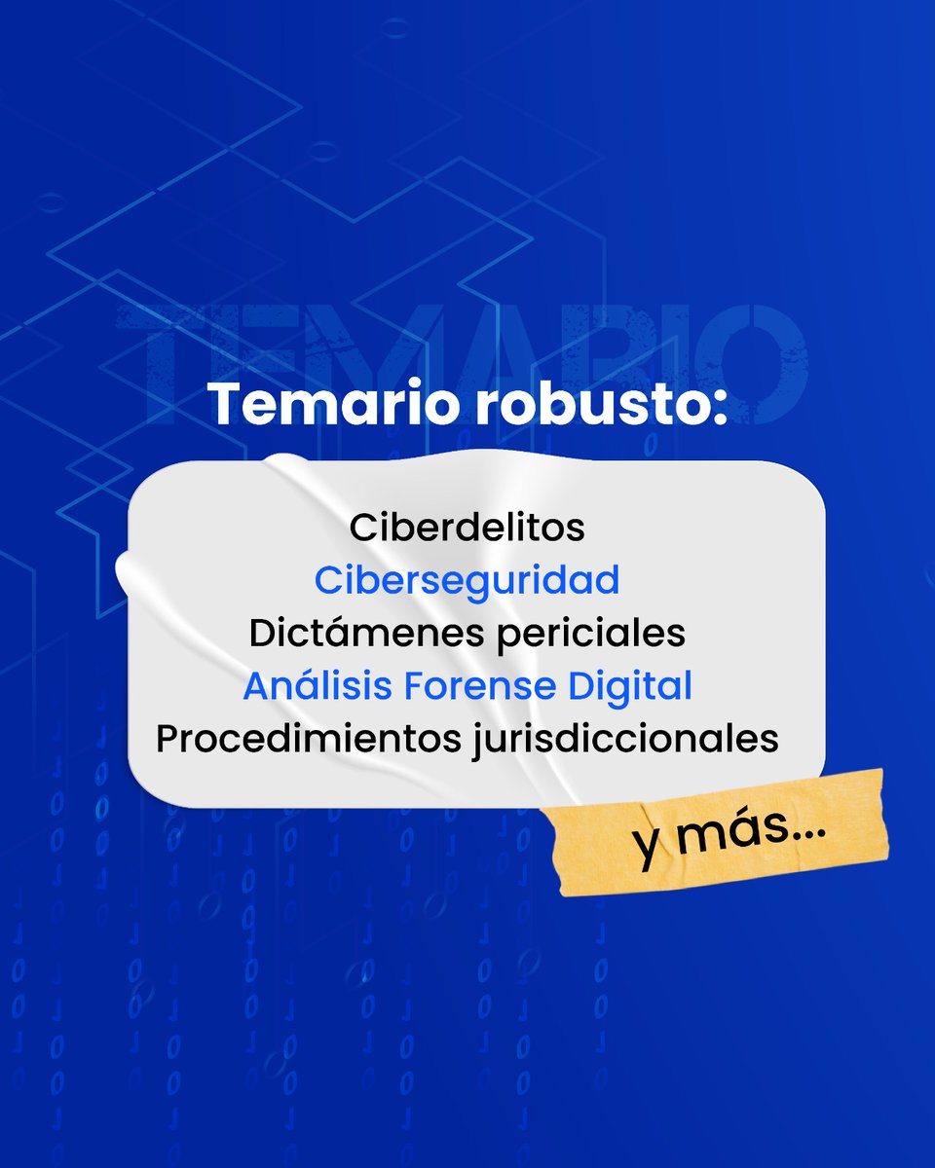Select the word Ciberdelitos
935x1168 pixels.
point(467,528)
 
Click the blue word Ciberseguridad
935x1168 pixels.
point(467,581)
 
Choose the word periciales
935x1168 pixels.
point(593,634)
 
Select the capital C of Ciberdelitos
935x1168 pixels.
point(361,528)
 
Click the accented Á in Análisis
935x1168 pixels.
point(256,686)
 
